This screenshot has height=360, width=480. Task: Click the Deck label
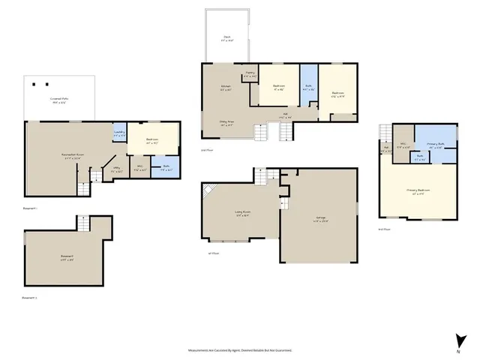click(226, 40)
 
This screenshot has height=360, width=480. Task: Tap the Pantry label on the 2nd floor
click(250, 76)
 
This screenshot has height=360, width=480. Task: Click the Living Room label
click(241, 214)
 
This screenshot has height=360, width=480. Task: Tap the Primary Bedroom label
click(418, 191)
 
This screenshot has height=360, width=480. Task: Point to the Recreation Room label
click(72, 156)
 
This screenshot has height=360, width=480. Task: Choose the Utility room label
click(116, 171)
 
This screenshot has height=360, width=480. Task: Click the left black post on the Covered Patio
click(35, 83)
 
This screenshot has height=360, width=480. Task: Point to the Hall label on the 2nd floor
click(284, 116)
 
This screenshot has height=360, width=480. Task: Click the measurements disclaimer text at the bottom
click(240, 349)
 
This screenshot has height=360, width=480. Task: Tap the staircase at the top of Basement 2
click(83, 223)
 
